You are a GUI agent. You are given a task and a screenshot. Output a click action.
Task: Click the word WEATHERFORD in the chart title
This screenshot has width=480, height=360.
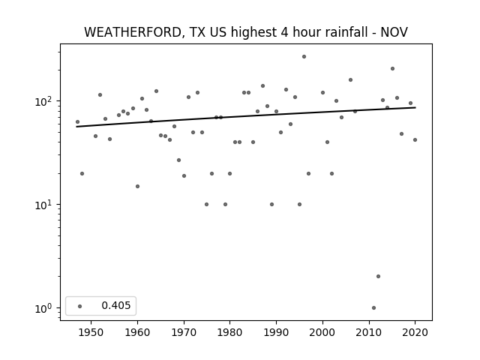pyautogui.click(x=133, y=32)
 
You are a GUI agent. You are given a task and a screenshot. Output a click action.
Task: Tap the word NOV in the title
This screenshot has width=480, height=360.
pyautogui.click(x=394, y=32)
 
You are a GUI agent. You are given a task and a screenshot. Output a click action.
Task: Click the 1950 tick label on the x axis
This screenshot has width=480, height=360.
pyautogui.click(x=91, y=332)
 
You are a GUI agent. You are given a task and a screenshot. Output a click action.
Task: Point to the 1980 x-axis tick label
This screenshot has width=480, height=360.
pyautogui.click(x=230, y=332)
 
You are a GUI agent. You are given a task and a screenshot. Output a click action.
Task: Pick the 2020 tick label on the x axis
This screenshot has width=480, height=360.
pyautogui.click(x=415, y=332)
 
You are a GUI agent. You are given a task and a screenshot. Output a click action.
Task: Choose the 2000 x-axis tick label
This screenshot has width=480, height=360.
pyautogui.click(x=322, y=332)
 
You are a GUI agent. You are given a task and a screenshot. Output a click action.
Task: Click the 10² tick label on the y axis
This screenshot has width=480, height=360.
pyautogui.click(x=45, y=101)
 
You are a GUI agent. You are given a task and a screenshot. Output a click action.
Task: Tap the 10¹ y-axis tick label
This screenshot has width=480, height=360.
pyautogui.click(x=45, y=205)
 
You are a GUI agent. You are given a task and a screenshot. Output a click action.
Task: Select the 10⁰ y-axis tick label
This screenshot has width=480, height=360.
pyautogui.click(x=45, y=308)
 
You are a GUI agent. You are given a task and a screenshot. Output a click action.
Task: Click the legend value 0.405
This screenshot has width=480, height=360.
pyautogui.click(x=116, y=305)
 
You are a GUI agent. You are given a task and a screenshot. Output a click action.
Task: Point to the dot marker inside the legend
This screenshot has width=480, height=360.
pyautogui.click(x=80, y=306)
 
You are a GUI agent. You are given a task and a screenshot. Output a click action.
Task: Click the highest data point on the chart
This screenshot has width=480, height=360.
pyautogui.click(x=304, y=57)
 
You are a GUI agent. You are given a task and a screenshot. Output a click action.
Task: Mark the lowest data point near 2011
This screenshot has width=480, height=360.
pyautogui.click(x=373, y=308)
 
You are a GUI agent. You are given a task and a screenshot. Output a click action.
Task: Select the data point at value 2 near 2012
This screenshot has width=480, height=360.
pyautogui.click(x=378, y=277)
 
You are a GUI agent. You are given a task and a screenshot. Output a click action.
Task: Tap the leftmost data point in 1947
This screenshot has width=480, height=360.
pyautogui.click(x=77, y=121)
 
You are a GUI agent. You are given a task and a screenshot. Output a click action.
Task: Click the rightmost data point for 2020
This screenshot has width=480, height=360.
pyautogui.click(x=415, y=140)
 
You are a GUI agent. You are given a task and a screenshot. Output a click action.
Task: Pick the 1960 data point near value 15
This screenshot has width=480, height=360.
pyautogui.click(x=137, y=187)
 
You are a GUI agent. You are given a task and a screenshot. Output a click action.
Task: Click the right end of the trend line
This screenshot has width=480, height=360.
pyautogui.click(x=415, y=107)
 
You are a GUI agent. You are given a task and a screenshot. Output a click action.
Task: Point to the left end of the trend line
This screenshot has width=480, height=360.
pyautogui.click(x=76, y=127)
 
